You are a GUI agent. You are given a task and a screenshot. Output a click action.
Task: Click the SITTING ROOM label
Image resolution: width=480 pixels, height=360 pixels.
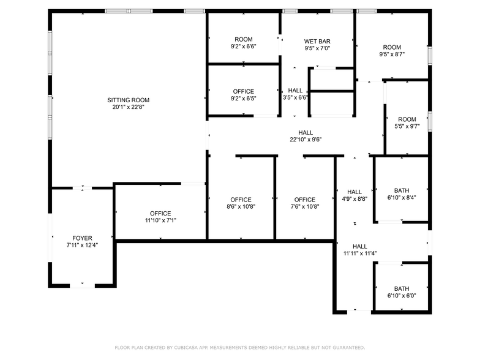[128, 100]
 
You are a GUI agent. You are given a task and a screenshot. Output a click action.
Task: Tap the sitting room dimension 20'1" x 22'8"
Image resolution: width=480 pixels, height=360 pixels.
[128, 107]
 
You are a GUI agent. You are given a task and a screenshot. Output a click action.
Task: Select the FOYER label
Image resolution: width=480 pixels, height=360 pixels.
[82, 238]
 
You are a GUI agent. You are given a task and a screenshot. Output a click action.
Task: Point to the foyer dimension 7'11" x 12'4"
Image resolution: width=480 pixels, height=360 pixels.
[82, 245]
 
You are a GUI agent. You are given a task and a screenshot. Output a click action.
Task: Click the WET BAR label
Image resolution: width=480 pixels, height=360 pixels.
[317, 41]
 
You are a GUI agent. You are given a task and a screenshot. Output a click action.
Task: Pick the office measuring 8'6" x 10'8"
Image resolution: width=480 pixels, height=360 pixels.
[241, 203]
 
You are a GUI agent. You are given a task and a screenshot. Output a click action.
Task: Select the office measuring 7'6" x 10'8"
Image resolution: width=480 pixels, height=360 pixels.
[304, 203]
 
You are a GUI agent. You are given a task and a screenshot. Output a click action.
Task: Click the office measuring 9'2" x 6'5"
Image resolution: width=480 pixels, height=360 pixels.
[243, 95]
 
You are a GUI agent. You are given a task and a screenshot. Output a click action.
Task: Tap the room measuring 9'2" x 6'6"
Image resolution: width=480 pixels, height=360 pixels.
[243, 43]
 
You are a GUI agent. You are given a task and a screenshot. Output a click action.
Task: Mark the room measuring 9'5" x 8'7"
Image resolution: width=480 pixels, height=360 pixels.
[392, 50]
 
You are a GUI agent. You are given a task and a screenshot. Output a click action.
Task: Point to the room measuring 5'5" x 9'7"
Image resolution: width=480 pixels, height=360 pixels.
[407, 123]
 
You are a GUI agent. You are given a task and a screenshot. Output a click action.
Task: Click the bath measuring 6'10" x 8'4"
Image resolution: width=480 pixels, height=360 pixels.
[402, 194]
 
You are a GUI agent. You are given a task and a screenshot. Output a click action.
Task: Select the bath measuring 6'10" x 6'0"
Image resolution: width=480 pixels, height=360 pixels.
[402, 292]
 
